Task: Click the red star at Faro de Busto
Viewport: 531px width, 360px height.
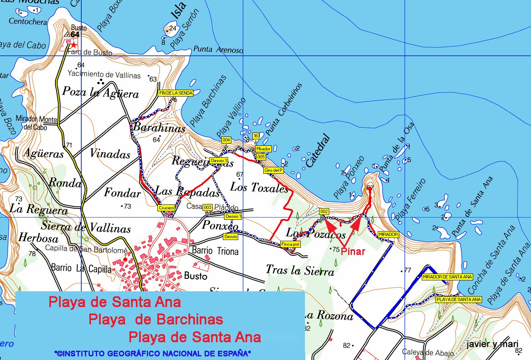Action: tap(74, 45)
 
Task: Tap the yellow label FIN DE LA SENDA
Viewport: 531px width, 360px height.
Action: tap(176, 93)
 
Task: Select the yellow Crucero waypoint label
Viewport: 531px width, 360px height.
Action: tap(166, 208)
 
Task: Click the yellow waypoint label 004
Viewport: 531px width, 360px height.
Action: tap(226, 140)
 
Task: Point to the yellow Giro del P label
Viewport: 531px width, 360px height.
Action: tap(273, 170)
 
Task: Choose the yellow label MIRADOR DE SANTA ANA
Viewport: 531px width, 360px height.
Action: tap(447, 277)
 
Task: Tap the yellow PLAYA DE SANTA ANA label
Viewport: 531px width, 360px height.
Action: tap(459, 299)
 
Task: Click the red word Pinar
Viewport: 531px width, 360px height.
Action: tap(353, 251)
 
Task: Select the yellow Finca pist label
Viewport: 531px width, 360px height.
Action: tap(290, 244)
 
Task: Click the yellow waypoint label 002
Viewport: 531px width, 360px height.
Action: tap(324, 211)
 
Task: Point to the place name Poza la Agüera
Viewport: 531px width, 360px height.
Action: tap(101, 93)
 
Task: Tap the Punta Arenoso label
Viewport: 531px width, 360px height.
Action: tap(218, 50)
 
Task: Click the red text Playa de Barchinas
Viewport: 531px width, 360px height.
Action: tap(156, 320)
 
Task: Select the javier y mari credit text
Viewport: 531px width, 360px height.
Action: tap(492, 344)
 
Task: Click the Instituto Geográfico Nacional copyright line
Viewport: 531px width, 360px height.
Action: tap(152, 353)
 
